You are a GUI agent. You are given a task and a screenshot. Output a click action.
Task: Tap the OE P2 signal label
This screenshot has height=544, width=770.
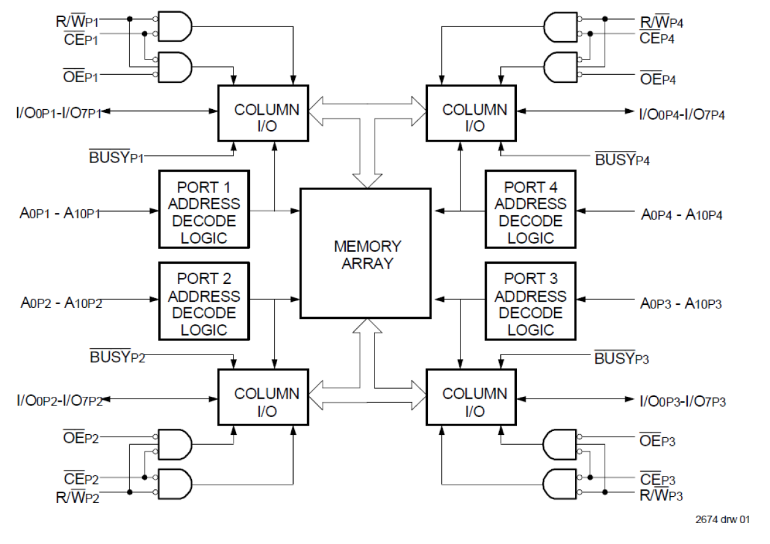[81, 438]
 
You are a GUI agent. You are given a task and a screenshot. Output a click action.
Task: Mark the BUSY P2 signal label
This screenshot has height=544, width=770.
[118, 356]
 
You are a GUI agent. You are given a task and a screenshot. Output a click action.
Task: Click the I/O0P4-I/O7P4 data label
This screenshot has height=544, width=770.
[682, 113]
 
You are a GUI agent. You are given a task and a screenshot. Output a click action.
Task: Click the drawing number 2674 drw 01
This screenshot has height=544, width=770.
[722, 519]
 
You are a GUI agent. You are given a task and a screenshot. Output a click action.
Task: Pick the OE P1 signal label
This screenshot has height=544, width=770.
[81, 77]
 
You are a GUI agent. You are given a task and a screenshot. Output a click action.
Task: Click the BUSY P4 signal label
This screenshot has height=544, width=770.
[622, 161]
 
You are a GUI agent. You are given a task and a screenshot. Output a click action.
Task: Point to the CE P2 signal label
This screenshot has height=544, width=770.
[81, 477]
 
